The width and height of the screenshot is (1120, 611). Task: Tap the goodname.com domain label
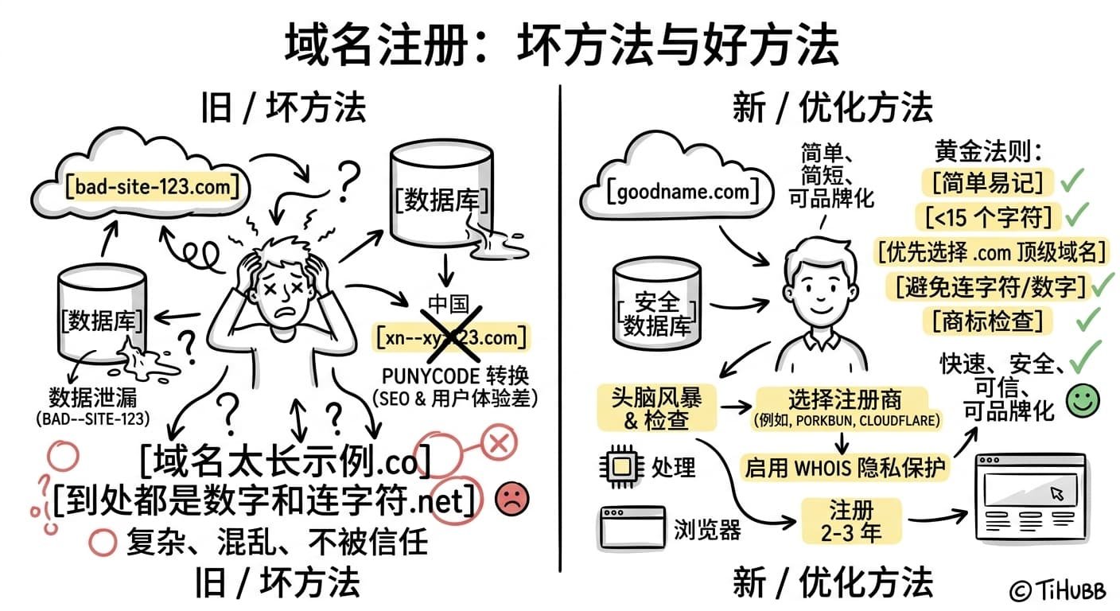point(678,192)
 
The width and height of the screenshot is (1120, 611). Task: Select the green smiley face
point(1082,401)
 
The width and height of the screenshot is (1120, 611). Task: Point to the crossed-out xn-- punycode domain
point(451,337)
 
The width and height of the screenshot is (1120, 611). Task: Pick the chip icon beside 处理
point(621,465)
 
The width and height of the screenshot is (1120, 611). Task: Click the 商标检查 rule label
point(986,320)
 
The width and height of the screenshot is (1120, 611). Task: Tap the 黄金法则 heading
point(988,151)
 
